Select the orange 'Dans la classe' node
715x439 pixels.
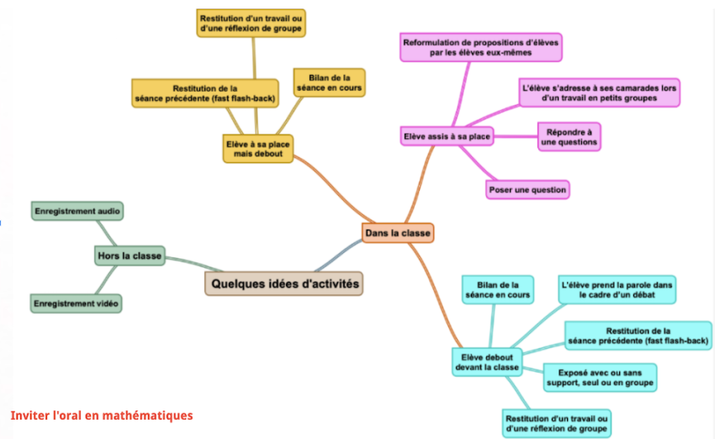[x=397, y=233]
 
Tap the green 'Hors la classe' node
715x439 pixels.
[x=129, y=255]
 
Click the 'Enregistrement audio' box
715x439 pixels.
[x=77, y=211]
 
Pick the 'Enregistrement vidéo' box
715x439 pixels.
[x=76, y=302]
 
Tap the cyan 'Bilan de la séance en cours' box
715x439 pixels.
[x=498, y=290]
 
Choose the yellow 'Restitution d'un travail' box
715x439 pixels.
[x=251, y=23]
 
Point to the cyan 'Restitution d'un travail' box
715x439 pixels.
[x=557, y=423]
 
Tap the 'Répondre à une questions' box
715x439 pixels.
[x=569, y=137]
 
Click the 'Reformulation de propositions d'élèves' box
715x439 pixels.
[x=481, y=47]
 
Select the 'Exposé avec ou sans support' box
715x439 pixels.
[x=598, y=377]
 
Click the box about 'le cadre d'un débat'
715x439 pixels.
[x=617, y=290]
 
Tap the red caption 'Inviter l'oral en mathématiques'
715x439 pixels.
[x=102, y=415]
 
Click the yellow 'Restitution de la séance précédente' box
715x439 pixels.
[x=204, y=93]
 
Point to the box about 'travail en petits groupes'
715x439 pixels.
[x=600, y=93]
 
